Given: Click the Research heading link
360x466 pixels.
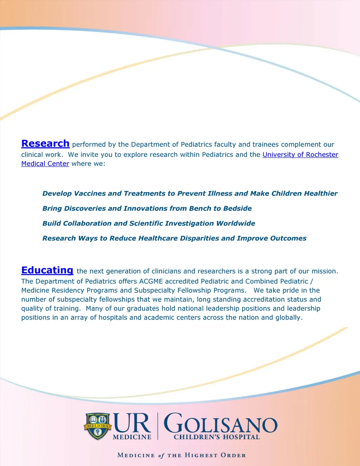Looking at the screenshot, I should pyautogui.click(x=45, y=143).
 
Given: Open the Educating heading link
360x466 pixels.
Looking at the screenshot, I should pyautogui.click(x=47, y=270).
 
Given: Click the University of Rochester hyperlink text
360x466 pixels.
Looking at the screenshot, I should pyautogui.click(x=300, y=155).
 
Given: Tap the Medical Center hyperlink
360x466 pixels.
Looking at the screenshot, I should pyautogui.click(x=45, y=164).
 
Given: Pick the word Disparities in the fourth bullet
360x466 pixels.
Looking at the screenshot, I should pyautogui.click(x=199, y=238).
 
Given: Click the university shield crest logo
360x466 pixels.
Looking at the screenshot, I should pyautogui.click(x=97, y=426).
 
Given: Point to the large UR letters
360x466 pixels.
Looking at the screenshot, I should pyautogui.click(x=132, y=423).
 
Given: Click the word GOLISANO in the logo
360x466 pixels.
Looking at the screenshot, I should pyautogui.click(x=221, y=423).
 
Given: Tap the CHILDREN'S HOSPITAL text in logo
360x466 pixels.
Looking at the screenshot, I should pyautogui.click(x=217, y=437).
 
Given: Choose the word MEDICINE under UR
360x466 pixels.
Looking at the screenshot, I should pyautogui.click(x=132, y=437).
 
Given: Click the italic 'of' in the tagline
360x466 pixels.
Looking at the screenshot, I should pyautogui.click(x=161, y=455).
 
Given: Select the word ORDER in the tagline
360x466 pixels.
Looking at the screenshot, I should pyautogui.click(x=233, y=455).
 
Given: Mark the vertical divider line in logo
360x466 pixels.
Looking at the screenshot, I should pyautogui.click(x=157, y=426).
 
